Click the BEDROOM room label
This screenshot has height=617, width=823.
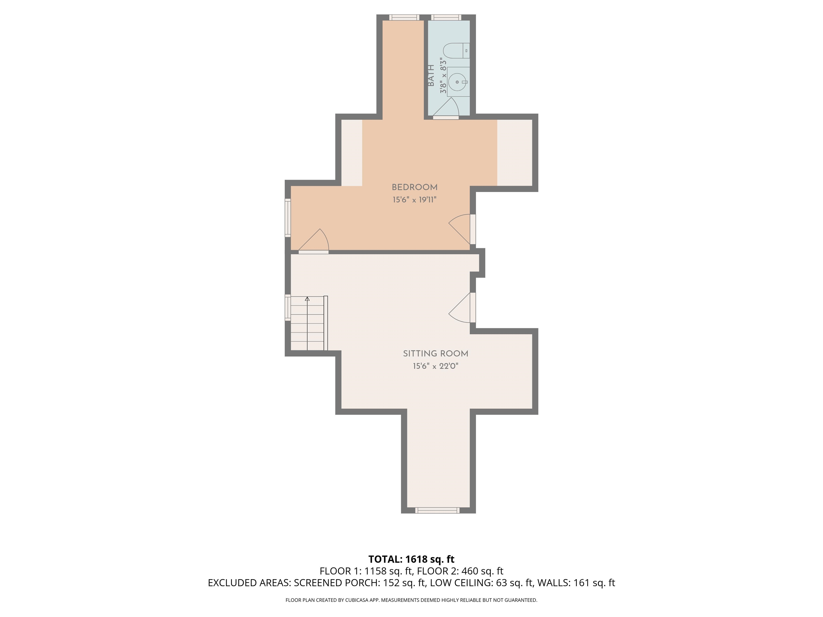click(414, 187)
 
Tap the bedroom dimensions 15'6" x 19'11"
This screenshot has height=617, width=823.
click(414, 200)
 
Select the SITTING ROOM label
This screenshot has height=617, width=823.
click(435, 354)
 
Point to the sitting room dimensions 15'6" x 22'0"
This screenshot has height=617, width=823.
click(435, 366)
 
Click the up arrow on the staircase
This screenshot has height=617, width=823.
click(307, 299)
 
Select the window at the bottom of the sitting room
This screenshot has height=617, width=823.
click(437, 510)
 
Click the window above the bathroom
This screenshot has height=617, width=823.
click(446, 17)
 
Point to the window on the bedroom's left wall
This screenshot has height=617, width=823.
click(288, 217)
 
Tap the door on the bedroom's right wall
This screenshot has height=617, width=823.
click(461, 228)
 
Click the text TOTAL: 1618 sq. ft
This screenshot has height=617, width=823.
click(411, 559)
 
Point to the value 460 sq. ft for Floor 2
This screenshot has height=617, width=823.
click(482, 571)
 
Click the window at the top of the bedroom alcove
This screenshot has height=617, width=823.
click(404, 17)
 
